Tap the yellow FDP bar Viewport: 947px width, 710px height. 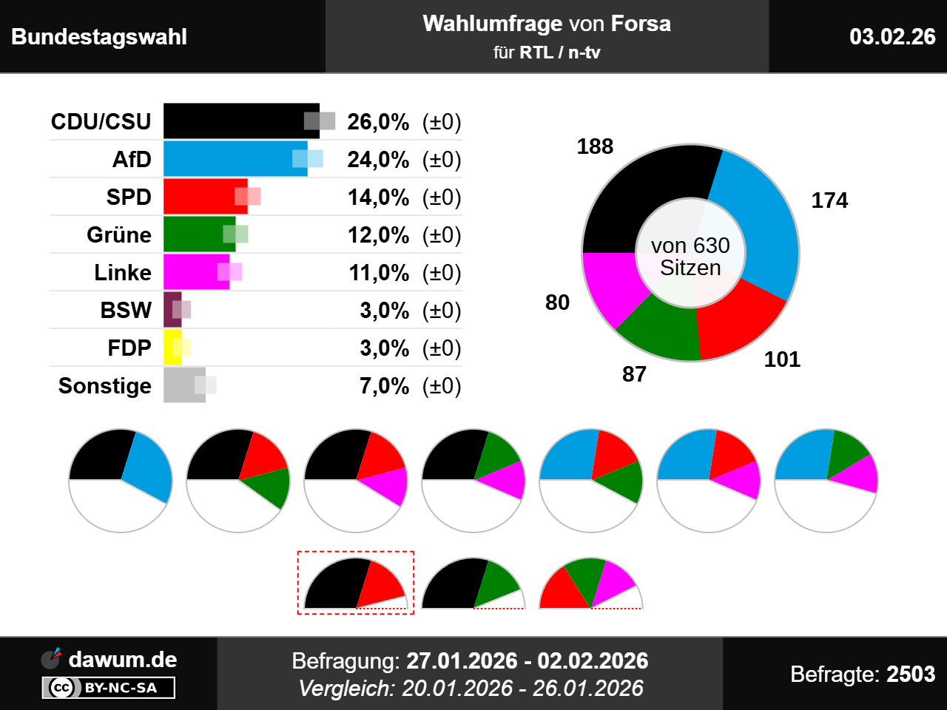(x=172, y=348)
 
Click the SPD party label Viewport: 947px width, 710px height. (x=129, y=197)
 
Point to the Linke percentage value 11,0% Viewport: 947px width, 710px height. (x=379, y=273)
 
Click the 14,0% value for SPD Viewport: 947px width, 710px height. (x=378, y=197)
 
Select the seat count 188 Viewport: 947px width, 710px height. (x=595, y=146)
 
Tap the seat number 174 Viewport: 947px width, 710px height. (x=829, y=200)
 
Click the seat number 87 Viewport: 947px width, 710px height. (x=634, y=374)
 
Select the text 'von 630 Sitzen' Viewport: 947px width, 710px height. (x=690, y=256)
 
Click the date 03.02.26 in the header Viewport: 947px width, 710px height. (x=892, y=36)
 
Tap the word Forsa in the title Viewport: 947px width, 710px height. (x=640, y=24)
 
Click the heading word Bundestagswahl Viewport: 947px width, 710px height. (x=99, y=37)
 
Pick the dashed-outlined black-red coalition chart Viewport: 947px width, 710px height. (x=356, y=583)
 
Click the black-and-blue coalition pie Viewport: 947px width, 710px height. (x=121, y=480)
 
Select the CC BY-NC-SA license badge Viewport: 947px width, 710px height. (x=109, y=688)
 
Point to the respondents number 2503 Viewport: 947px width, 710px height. (x=911, y=674)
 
